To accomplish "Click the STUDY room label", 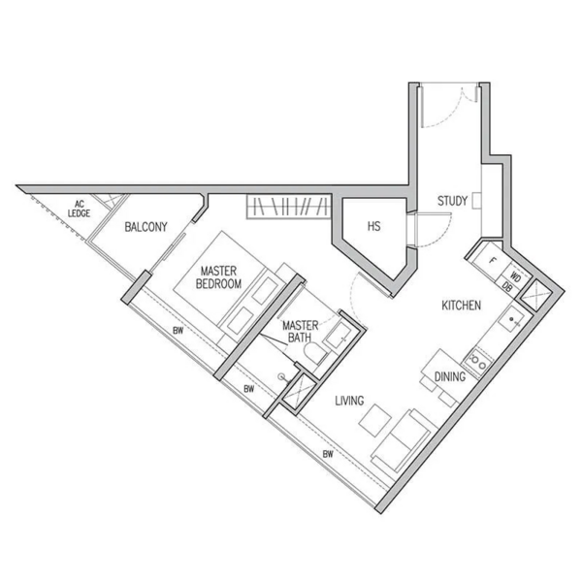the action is (452, 201).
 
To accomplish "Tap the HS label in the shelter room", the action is (373, 226).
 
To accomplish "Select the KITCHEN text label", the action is (461, 306).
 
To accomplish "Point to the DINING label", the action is (450, 376).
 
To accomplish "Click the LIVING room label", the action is (349, 401).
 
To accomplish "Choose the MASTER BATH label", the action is (300, 332).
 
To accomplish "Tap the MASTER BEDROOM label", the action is (218, 277).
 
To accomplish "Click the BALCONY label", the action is (145, 227).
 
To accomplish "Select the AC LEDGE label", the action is (80, 209).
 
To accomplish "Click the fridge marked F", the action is (492, 261).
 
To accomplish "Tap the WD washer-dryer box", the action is (514, 276).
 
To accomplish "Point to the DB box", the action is (507, 286).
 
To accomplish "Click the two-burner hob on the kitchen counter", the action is (477, 361).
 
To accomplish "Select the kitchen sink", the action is (512, 319).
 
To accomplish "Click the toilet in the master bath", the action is (314, 354).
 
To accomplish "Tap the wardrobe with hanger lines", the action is (288, 207).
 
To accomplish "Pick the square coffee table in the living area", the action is (375, 420).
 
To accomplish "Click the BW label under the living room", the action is (328, 454).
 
